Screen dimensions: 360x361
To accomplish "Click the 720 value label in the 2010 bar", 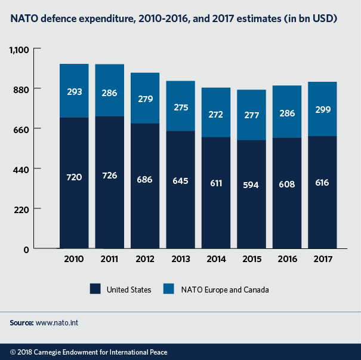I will (74, 177).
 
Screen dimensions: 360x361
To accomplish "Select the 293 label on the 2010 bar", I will (74, 92).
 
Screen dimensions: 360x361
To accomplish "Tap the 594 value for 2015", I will (251, 184).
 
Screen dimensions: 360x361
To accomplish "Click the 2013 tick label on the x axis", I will (180, 260).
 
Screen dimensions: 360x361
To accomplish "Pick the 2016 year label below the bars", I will (286, 260).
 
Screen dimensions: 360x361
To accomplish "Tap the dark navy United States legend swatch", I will (95, 290).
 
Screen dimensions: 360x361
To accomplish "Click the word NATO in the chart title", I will (21, 20).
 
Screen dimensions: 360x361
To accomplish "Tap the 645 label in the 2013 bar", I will (180, 180).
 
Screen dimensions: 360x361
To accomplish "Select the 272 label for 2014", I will (215, 113).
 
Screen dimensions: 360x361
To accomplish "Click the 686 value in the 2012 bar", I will (145, 179).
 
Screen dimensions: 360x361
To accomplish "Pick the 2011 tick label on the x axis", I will (109, 260).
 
